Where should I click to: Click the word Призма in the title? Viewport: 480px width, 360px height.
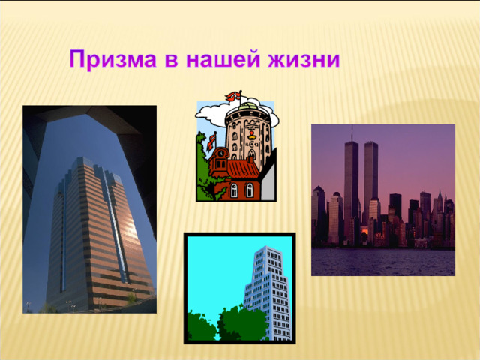[x=113, y=59]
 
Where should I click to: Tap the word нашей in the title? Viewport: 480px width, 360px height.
[x=223, y=58]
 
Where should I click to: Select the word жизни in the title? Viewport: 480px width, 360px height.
[x=304, y=60]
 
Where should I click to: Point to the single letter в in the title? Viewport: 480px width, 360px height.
[x=171, y=60]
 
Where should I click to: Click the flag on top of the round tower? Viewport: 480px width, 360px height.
[x=234, y=96]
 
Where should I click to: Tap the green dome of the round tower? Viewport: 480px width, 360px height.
[x=248, y=106]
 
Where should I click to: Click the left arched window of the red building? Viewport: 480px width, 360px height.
[x=234, y=190]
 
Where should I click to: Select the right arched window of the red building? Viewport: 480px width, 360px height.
[x=250, y=190]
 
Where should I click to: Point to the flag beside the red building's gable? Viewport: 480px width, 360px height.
[x=211, y=142]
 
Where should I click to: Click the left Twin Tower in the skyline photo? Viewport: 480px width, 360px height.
[x=351, y=190]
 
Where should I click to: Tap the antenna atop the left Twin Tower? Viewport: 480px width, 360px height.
[x=352, y=133]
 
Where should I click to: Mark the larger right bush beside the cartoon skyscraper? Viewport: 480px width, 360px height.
[x=242, y=323]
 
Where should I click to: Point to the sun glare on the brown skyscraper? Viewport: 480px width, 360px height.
[x=131, y=226]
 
